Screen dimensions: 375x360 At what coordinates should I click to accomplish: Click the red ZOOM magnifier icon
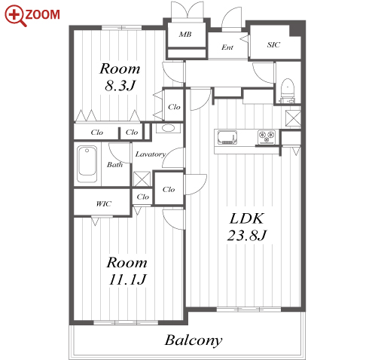[x=16, y=16]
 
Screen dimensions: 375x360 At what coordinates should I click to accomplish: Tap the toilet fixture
[x=287, y=90]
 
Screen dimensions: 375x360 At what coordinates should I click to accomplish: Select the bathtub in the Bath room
[x=87, y=163]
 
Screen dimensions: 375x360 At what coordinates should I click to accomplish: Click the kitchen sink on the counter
[x=227, y=137]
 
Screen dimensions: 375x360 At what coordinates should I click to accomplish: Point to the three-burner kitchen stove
[x=267, y=137]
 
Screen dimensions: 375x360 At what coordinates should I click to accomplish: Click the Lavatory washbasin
[x=168, y=128]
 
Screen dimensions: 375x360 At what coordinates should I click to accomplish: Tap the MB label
[x=185, y=34]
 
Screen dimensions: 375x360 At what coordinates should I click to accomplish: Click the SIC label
[x=273, y=44]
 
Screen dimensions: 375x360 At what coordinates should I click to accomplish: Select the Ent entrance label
[x=227, y=47]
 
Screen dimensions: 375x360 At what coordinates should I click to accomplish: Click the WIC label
[x=103, y=203]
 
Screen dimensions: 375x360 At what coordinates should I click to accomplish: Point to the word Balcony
[x=194, y=341]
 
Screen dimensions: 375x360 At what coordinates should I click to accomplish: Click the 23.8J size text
[x=247, y=235]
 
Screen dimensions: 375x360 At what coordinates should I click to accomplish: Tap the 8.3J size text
[x=120, y=85]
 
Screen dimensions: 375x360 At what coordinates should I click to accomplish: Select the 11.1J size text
[x=127, y=279]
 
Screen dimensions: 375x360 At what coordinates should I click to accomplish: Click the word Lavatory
[x=151, y=154]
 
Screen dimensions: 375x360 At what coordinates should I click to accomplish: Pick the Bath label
[x=114, y=164]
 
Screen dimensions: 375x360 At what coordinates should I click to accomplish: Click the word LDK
[x=247, y=218]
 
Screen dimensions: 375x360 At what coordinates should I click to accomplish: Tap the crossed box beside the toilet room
[x=293, y=118]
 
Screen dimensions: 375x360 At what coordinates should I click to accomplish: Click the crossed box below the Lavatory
[x=142, y=179]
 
